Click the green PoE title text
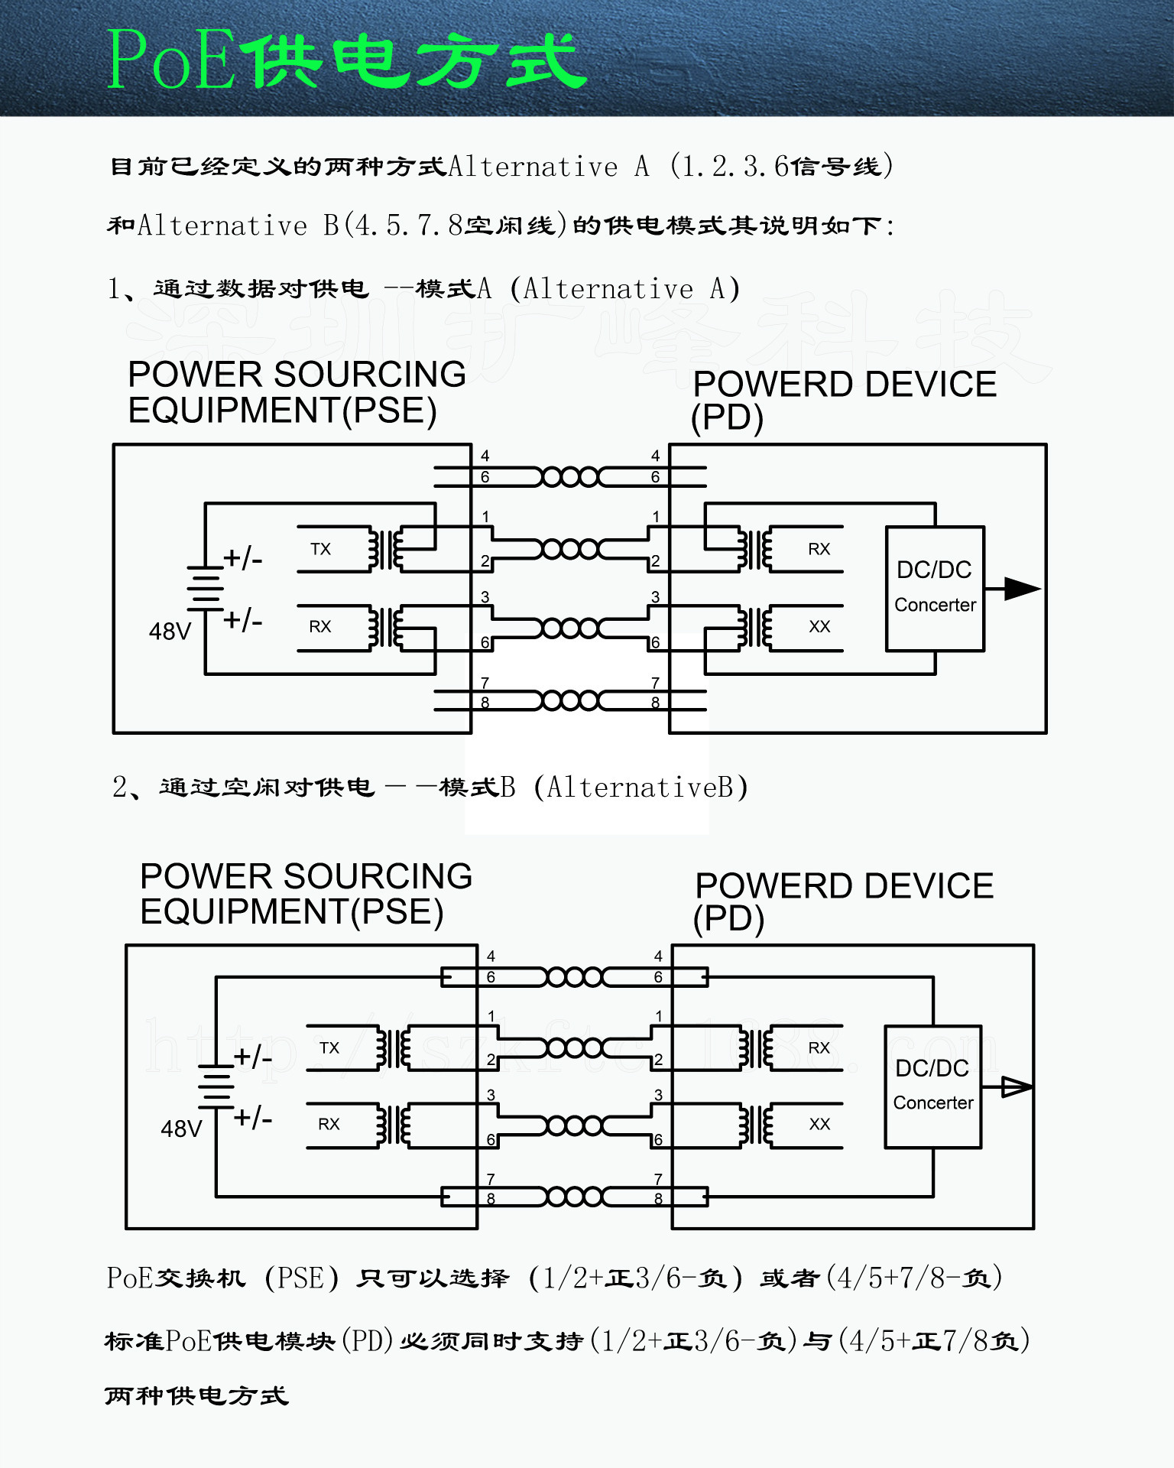click(x=345, y=60)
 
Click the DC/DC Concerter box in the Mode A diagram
click(x=935, y=588)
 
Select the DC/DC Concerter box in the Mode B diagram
click(x=932, y=1086)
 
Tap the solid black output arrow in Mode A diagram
click(x=1020, y=589)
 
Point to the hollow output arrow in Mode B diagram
click(x=1015, y=1086)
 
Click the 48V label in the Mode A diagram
click(x=170, y=632)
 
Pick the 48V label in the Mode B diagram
click(x=181, y=1129)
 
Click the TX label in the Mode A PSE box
click(x=321, y=549)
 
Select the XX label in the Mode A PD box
click(x=819, y=627)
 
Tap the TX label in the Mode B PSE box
click(x=329, y=1047)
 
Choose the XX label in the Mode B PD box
click(x=819, y=1124)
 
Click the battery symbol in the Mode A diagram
click(x=205, y=588)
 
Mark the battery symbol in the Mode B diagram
click(x=216, y=1086)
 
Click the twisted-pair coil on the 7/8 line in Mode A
click(x=570, y=700)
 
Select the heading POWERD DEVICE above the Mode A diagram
click(x=845, y=384)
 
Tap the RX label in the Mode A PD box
click(x=819, y=549)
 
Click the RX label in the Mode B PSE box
click(x=329, y=1124)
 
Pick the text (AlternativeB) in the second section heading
click(x=641, y=787)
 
